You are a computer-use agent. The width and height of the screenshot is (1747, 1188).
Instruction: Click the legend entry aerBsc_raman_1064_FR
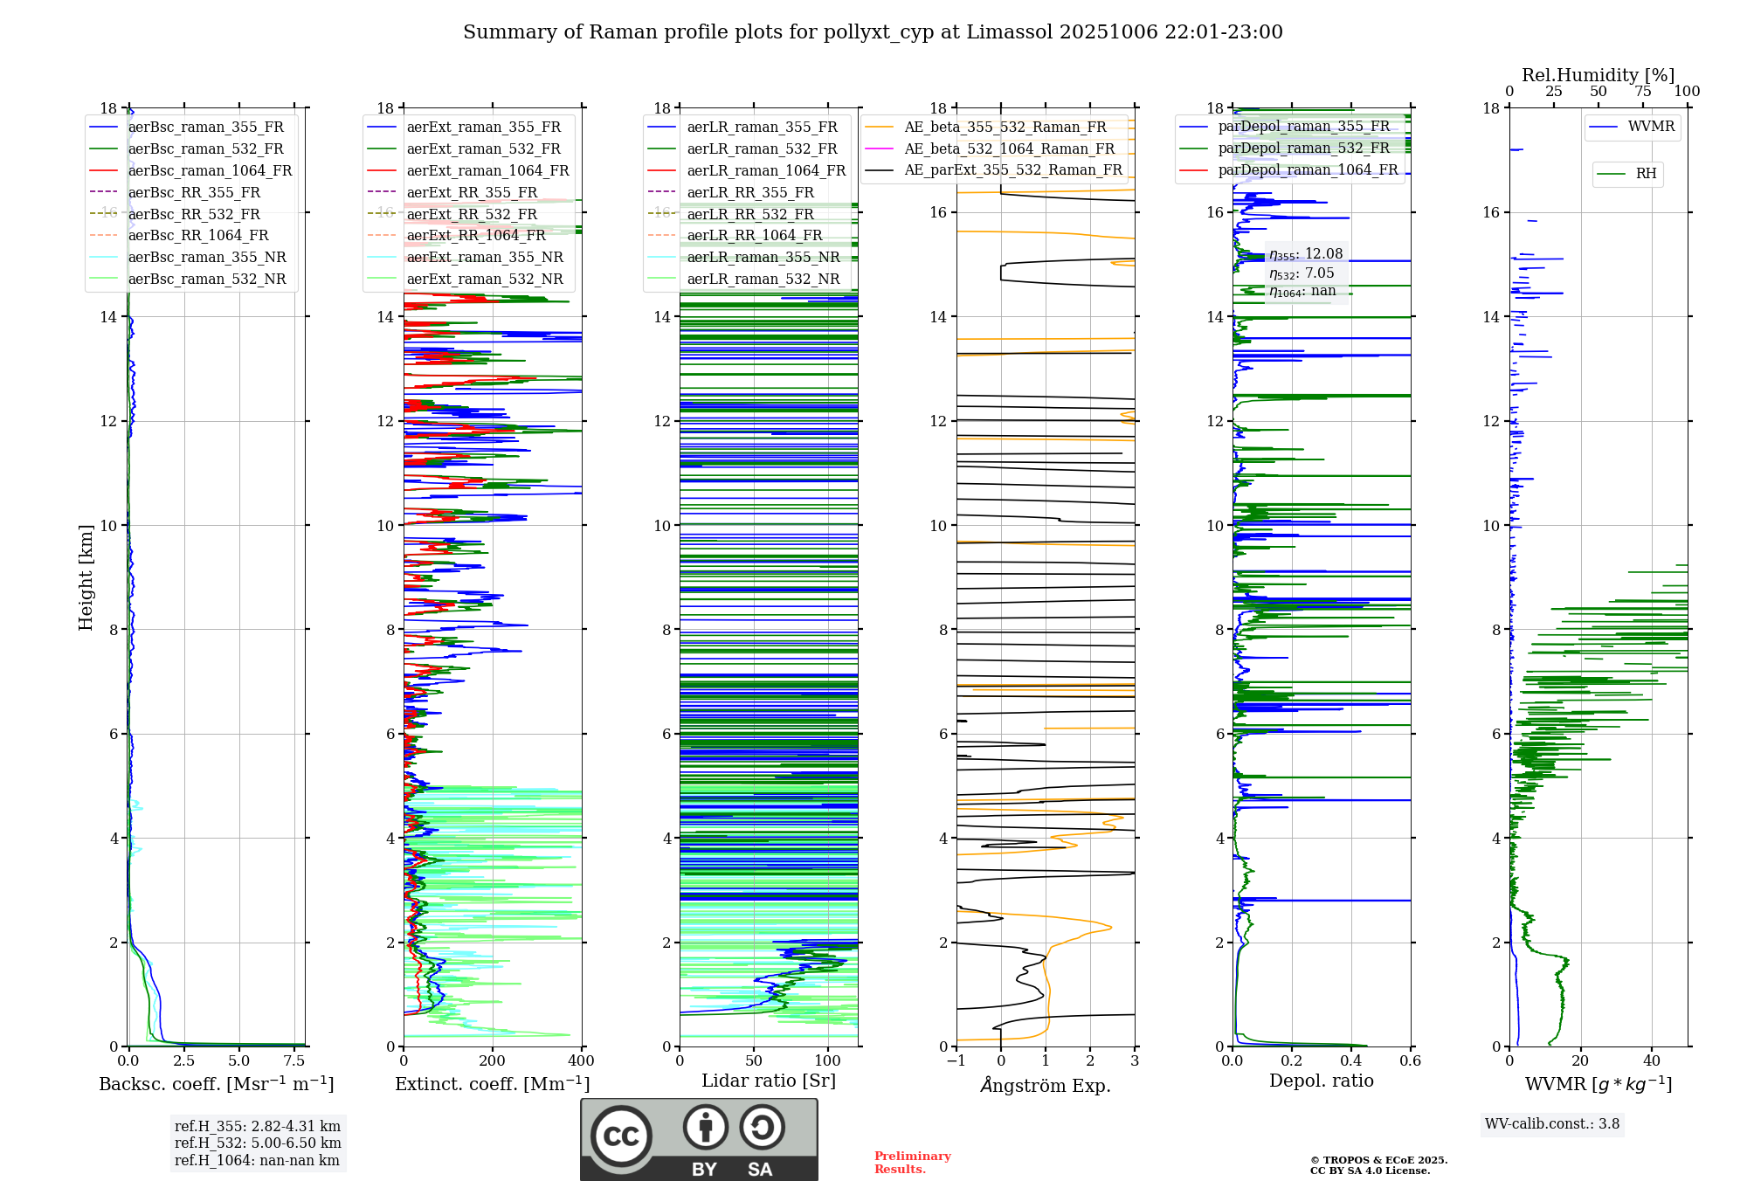(210, 171)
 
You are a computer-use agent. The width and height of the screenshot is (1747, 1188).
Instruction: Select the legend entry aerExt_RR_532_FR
(472, 214)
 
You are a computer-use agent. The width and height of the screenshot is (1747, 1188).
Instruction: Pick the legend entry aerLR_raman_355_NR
(763, 258)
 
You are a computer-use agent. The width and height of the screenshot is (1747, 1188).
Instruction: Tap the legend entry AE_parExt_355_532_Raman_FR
(1012, 170)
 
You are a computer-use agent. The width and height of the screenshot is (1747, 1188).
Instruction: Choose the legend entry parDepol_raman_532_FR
(1303, 148)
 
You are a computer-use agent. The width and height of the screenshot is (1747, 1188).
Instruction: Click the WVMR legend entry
(1651, 127)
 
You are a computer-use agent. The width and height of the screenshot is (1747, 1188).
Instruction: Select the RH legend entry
(1646, 174)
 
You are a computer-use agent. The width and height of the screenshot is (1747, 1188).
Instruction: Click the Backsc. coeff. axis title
(216, 1084)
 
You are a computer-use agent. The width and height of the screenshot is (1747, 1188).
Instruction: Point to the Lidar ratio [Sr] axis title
(769, 1081)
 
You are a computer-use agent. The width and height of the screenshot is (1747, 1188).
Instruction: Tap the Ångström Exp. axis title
(1046, 1085)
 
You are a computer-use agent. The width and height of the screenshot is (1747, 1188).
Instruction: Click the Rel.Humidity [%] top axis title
(1598, 75)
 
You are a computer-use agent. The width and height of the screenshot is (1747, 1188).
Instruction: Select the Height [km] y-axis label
(86, 577)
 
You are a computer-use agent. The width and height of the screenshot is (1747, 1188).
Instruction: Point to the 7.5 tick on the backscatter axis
(294, 1061)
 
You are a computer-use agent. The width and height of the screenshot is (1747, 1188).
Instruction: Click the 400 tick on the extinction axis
(582, 1061)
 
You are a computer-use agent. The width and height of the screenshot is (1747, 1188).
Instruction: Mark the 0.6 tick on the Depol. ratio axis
(1411, 1061)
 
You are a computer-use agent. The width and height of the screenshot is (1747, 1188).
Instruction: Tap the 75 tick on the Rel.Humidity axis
(1643, 92)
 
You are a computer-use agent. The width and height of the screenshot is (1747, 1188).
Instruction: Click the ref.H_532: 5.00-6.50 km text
(258, 1143)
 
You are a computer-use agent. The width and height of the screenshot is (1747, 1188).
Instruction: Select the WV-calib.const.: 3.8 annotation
(1552, 1124)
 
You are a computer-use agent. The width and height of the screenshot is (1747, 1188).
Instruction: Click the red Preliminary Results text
(912, 1163)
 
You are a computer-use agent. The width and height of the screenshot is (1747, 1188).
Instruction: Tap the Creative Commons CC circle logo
(621, 1136)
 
